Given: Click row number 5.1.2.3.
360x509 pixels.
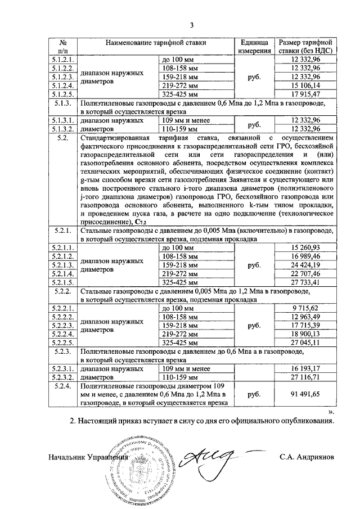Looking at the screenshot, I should click(63, 77).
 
